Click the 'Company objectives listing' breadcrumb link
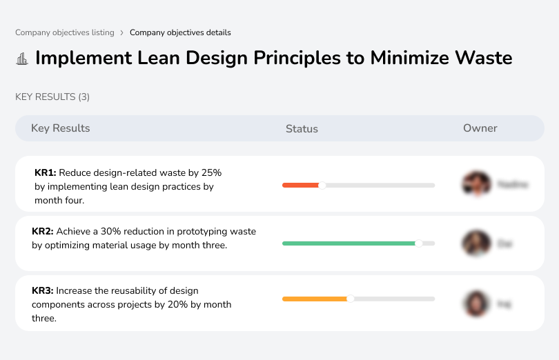(x=65, y=32)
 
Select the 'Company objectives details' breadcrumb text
(x=180, y=32)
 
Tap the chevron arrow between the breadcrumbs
(x=121, y=32)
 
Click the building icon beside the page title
(x=22, y=59)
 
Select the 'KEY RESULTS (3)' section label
(x=52, y=97)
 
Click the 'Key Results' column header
(x=60, y=128)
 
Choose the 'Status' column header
(x=302, y=129)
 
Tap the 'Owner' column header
(x=480, y=128)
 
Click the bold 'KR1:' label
(x=46, y=172)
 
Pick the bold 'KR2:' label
(x=43, y=232)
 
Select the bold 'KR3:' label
(x=43, y=291)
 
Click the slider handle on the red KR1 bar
(x=322, y=185)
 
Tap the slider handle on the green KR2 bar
(x=418, y=243)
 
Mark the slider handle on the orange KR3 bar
(x=351, y=299)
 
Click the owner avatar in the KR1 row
(x=475, y=184)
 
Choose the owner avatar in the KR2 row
(x=475, y=243)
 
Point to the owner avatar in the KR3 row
(x=475, y=303)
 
